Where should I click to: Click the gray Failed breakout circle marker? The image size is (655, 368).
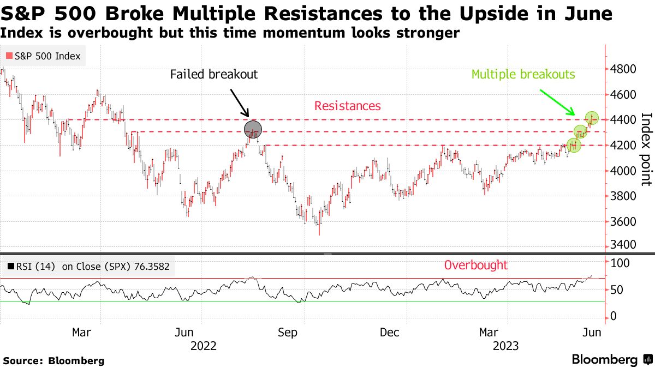(253, 130)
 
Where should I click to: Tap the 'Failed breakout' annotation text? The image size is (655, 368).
(213, 74)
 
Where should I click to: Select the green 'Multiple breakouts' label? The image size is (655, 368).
(523, 74)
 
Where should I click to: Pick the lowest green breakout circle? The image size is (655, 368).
(574, 145)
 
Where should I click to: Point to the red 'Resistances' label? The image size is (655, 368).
(347, 106)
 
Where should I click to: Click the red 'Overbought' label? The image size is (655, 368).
(475, 266)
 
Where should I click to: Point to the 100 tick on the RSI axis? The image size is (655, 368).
(620, 263)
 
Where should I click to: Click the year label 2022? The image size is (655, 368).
(204, 346)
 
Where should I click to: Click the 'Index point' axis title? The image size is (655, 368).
(646, 156)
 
